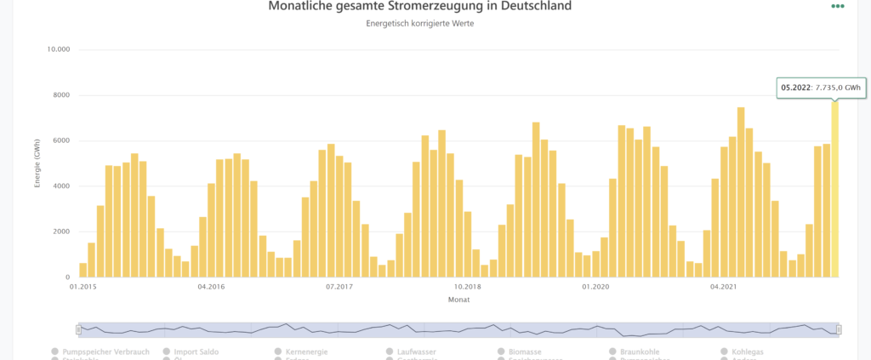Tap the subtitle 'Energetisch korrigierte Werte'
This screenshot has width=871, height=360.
pyautogui.click(x=419, y=24)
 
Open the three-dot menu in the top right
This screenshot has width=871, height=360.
pyautogui.click(x=838, y=6)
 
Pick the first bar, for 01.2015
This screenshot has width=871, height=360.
pyautogui.click(x=83, y=270)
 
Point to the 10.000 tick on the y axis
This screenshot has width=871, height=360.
pyautogui.click(x=59, y=49)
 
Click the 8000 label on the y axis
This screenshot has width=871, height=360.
pyautogui.click(x=61, y=95)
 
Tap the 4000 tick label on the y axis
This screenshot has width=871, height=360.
pyautogui.click(x=61, y=186)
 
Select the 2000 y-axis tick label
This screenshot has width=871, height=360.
pyautogui.click(x=61, y=232)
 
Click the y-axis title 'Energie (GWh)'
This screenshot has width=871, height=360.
pyautogui.click(x=37, y=163)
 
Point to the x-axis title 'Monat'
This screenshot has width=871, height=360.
pyautogui.click(x=458, y=300)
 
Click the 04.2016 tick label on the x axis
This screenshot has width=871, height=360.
pyautogui.click(x=210, y=287)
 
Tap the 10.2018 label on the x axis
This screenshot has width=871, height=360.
pyautogui.click(x=468, y=287)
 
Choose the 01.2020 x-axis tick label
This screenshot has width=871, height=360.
pyautogui.click(x=596, y=287)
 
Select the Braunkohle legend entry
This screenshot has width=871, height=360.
pyautogui.click(x=637, y=351)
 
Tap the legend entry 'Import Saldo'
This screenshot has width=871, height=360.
pyautogui.click(x=196, y=351)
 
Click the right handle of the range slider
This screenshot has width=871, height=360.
pyautogui.click(x=839, y=329)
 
